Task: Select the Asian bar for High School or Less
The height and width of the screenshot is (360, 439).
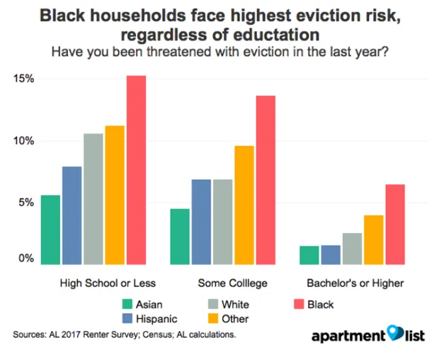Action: pyautogui.click(x=50, y=228)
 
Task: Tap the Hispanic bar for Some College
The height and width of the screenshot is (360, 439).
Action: pyautogui.click(x=201, y=220)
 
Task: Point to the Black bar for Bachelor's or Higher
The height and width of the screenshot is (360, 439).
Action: pyautogui.click(x=394, y=223)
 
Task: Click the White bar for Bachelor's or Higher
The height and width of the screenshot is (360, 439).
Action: pyautogui.click(x=352, y=247)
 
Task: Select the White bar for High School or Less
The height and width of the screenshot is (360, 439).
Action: pyautogui.click(x=93, y=198)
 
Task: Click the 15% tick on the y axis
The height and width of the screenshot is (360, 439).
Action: pyautogui.click(x=24, y=78)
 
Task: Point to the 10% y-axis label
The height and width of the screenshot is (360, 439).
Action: pyautogui.click(x=24, y=140)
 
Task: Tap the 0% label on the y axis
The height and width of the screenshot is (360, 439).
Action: pyautogui.click(x=26, y=259)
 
